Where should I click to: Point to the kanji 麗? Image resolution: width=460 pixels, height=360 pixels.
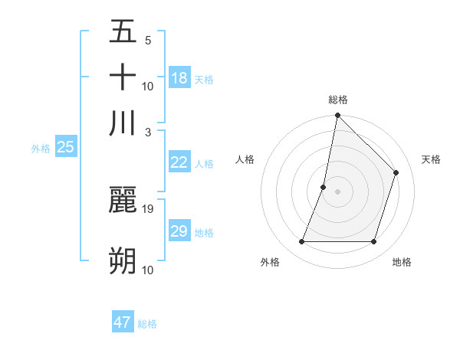pyautogui.click(x=123, y=201)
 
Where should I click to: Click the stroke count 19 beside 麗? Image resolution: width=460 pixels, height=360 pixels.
pyautogui.click(x=148, y=208)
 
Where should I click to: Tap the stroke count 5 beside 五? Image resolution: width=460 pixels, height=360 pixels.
pyautogui.click(x=148, y=40)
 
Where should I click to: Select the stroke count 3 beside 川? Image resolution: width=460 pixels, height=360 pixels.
pyautogui.click(x=148, y=132)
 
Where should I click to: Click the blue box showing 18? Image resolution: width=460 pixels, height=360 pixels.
pyautogui.click(x=179, y=77)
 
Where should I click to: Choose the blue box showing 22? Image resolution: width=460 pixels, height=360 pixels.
pyautogui.click(x=179, y=162)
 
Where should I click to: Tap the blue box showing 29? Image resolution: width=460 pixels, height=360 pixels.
pyautogui.click(x=179, y=231)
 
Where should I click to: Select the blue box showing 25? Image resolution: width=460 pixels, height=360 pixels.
pyautogui.click(x=65, y=147)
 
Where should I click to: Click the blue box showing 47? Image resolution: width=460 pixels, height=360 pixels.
pyautogui.click(x=123, y=322)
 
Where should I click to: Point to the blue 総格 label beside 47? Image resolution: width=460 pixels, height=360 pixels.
pyautogui.click(x=147, y=324)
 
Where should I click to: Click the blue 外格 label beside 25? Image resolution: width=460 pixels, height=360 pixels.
pyautogui.click(x=40, y=149)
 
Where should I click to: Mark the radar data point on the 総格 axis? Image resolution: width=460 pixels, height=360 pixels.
pyautogui.click(x=337, y=116)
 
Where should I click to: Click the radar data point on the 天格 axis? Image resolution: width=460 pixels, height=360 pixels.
pyautogui.click(x=396, y=172)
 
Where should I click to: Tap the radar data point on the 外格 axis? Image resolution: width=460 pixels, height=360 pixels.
pyautogui.click(x=301, y=242)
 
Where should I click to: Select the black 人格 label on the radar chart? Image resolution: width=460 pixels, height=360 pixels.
pyautogui.click(x=245, y=159)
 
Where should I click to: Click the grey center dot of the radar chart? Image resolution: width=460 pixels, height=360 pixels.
pyautogui.click(x=337, y=191)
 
